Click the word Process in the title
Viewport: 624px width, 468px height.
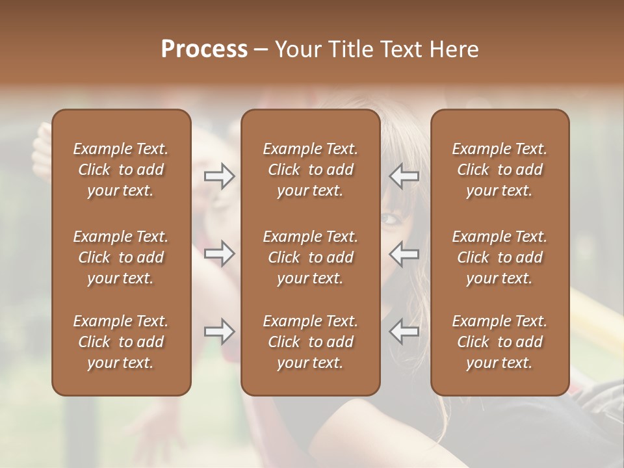(x=204, y=49)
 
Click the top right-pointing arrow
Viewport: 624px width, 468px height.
(x=219, y=176)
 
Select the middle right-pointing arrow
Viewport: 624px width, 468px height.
(x=219, y=254)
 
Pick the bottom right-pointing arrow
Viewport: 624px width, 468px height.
(x=219, y=332)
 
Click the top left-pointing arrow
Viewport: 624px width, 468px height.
(x=404, y=176)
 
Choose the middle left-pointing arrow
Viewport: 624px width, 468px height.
(x=404, y=254)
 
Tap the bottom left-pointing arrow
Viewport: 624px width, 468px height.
(x=404, y=332)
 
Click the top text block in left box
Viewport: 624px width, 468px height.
(x=121, y=170)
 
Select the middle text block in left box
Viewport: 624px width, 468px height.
(x=121, y=257)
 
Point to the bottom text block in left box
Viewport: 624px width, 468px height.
(x=121, y=342)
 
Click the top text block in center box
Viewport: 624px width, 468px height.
(x=310, y=170)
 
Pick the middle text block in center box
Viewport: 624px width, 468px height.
(x=310, y=257)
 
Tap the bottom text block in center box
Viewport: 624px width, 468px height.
(x=310, y=342)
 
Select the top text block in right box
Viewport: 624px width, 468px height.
(x=499, y=170)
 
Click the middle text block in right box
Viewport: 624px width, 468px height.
(x=499, y=257)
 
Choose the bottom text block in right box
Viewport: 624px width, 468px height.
(x=499, y=342)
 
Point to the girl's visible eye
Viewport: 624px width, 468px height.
(x=389, y=218)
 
